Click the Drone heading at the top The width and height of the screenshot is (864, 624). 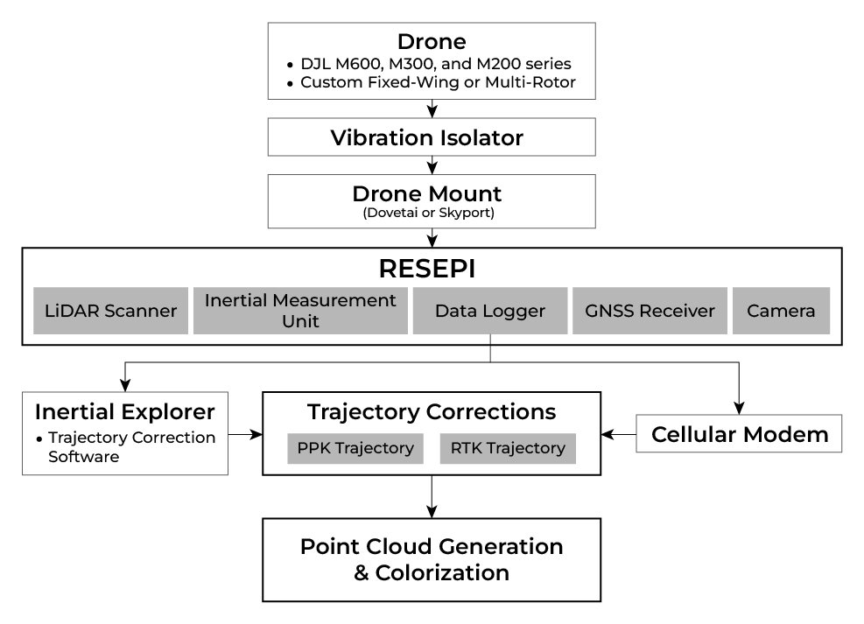[432, 41]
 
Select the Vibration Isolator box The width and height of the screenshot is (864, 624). [432, 137]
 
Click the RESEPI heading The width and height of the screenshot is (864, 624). [432, 267]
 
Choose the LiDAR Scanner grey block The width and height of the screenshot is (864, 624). [110, 311]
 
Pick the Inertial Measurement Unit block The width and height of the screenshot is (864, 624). [300, 311]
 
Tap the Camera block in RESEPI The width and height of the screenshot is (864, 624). [781, 311]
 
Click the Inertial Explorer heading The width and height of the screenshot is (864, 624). [124, 410]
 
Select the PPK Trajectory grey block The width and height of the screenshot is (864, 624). [355, 448]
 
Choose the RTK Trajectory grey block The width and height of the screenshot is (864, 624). [508, 448]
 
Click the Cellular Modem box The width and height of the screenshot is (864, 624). [739, 433]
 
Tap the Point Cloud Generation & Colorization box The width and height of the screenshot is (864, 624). [432, 559]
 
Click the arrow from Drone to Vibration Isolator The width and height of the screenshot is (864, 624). [432, 109]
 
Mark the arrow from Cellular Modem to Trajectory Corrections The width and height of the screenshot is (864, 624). [618, 433]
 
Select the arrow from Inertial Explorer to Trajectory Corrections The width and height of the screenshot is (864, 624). [246, 433]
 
